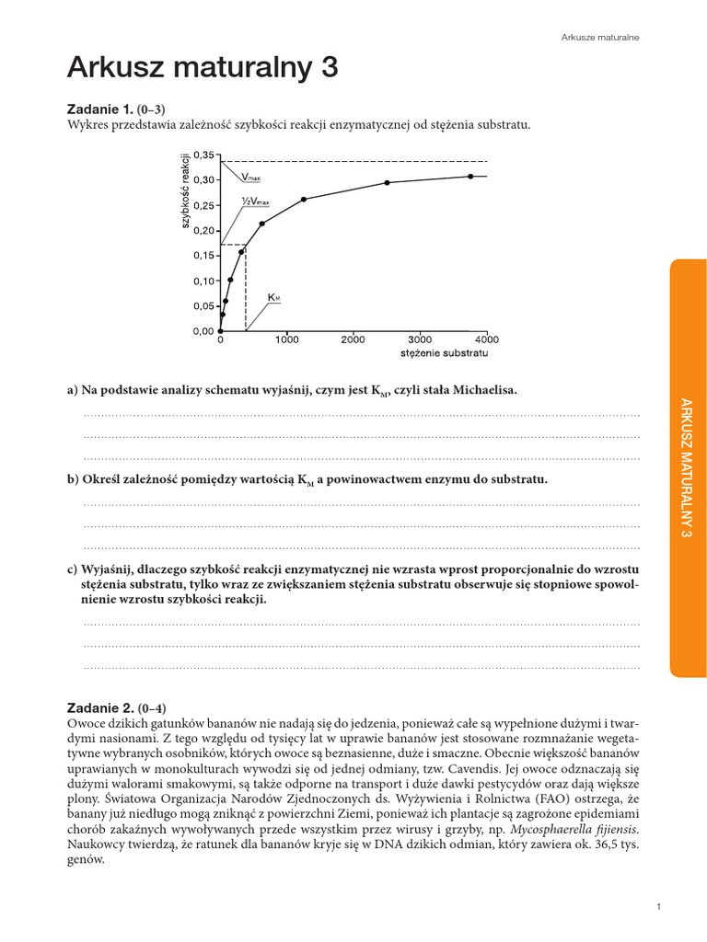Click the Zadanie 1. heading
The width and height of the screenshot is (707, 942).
pos(101,109)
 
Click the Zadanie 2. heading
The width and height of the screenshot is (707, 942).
pos(101,708)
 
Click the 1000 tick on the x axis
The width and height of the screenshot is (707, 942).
pos(286,339)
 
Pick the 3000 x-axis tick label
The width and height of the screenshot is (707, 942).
pos(420,339)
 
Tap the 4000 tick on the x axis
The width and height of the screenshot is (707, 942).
pos(486,339)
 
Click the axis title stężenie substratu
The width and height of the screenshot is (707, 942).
pos(444,353)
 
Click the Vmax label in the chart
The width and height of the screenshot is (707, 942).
pos(250,176)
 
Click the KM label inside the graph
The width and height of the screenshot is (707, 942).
pos(273,298)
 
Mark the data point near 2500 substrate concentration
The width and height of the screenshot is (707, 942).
pos(387,182)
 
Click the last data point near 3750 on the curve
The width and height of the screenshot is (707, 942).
pos(470,176)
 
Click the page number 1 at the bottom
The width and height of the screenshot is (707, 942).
pos(659,908)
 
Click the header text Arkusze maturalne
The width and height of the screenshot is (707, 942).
pos(600,37)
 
